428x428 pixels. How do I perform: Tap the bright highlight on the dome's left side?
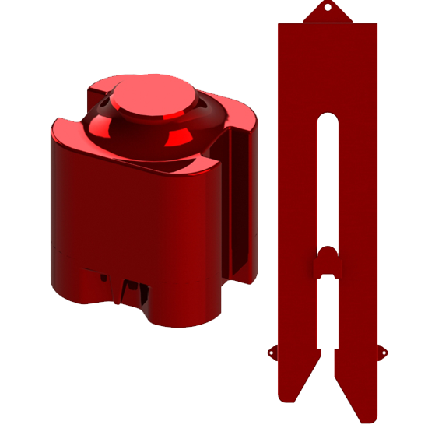pyautogui.click(x=102, y=125)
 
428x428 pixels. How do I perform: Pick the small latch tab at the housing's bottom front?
pyautogui.click(x=131, y=291)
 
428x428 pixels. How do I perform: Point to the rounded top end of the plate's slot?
pyautogui.click(x=328, y=118)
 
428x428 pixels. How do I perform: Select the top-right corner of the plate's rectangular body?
pyautogui.click(x=377, y=24)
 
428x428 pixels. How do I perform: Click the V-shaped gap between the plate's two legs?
pyautogui.click(x=328, y=366)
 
